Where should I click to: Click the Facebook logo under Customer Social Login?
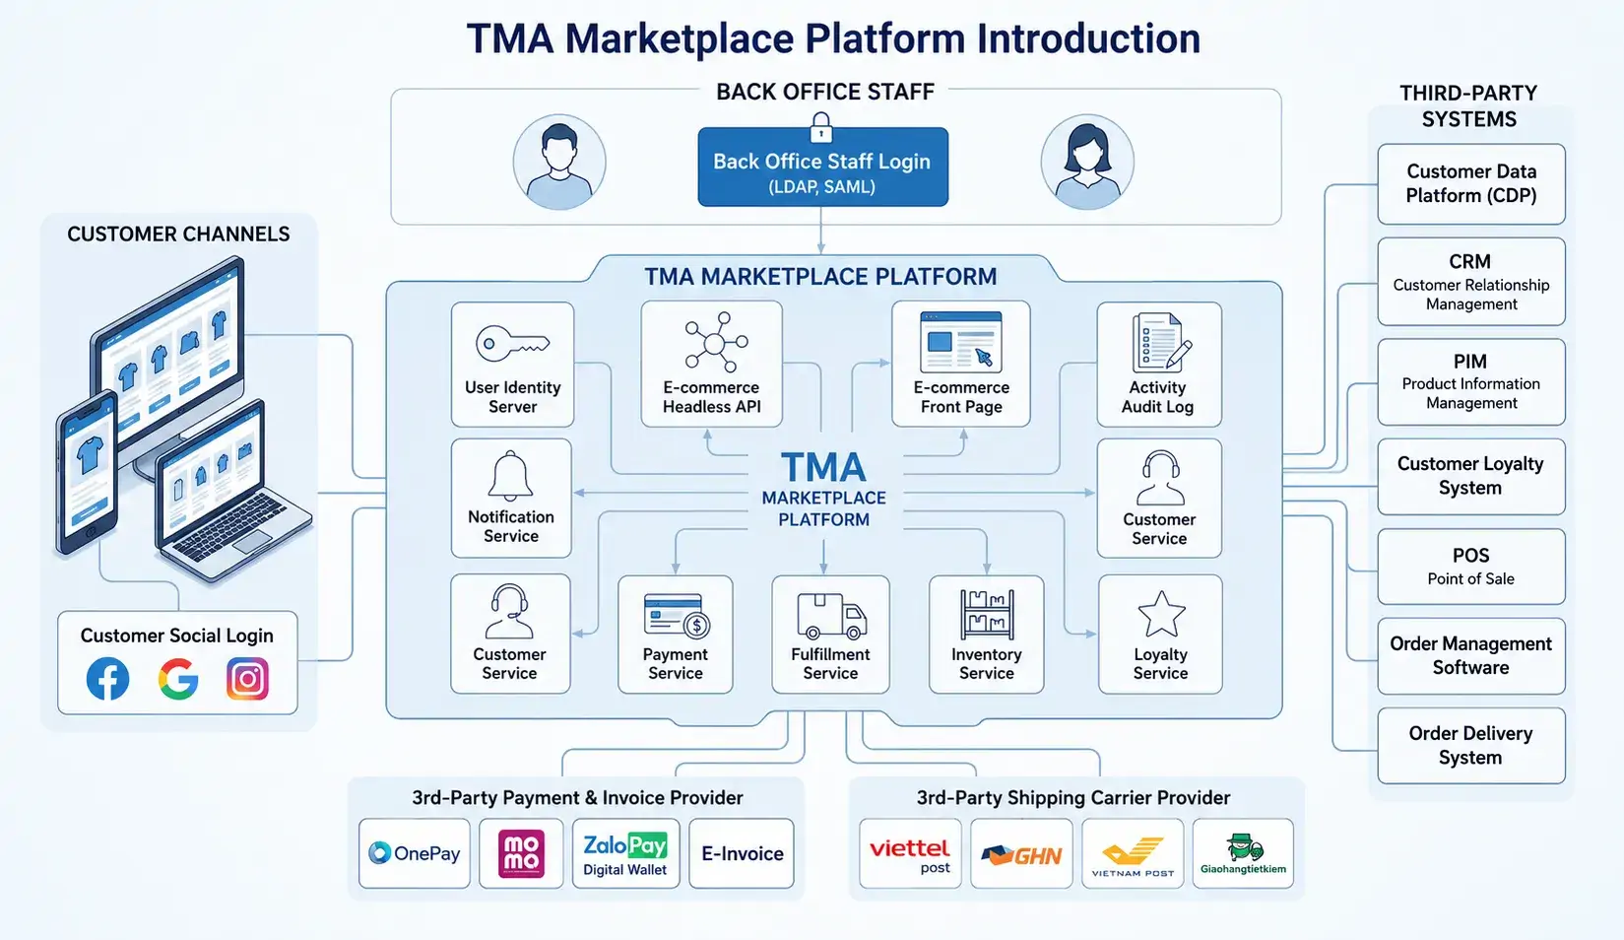107,679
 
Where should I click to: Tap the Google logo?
177,679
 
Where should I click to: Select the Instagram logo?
247,679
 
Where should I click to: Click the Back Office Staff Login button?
823,167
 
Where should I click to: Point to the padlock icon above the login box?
820,128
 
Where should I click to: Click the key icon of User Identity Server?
512,344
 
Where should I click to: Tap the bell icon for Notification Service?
510,476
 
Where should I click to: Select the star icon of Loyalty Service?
1161,614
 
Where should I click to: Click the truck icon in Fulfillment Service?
831,617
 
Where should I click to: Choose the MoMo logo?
521,853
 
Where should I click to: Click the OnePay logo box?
415,853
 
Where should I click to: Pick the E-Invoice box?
742,853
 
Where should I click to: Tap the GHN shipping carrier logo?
1021,853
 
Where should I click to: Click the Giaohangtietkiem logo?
1244,853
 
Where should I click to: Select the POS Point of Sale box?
1471,567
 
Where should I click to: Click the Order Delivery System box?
1471,746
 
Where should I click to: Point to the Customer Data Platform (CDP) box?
1471,183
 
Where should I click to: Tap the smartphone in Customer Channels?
87,472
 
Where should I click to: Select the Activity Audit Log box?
1158,365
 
